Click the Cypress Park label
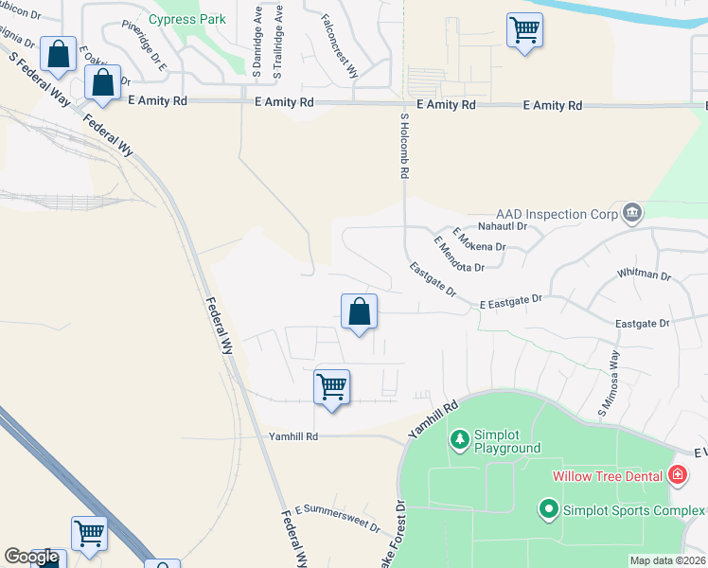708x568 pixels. click(186, 18)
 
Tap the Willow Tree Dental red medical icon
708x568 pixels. click(677, 475)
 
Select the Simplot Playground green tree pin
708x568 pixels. click(459, 439)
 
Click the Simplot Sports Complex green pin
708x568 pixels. click(548, 509)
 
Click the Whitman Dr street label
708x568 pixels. click(644, 275)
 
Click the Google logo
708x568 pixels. click(31, 557)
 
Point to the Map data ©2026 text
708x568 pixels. click(668, 560)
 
